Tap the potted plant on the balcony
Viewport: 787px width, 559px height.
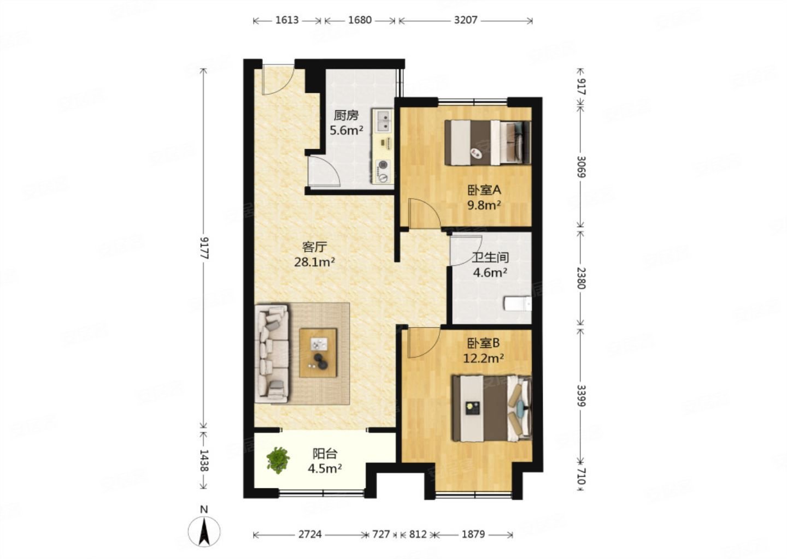278,460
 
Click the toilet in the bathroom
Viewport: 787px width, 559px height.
518,304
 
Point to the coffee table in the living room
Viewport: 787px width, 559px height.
318,353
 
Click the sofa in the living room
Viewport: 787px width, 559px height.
272,354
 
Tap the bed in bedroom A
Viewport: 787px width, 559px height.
488,143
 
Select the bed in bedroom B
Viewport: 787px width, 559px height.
492,408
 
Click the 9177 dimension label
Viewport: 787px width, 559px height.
204,248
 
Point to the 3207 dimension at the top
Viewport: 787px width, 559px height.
466,20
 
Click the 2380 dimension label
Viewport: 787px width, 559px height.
581,278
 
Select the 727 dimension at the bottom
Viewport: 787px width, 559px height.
381,534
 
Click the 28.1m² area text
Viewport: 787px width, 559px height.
314,262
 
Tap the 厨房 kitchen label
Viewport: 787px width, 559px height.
346,115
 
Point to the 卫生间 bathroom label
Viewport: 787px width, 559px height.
490,258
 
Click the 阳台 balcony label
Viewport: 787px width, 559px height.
325,454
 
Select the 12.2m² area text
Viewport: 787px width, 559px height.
484,358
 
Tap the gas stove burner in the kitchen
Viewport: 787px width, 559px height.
383,164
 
